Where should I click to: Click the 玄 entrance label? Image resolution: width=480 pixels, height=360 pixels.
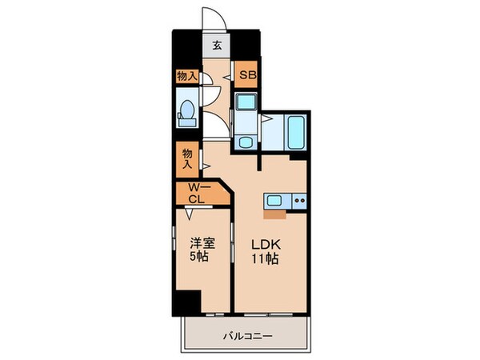[217, 45]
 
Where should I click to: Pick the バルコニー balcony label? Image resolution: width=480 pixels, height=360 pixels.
[246, 337]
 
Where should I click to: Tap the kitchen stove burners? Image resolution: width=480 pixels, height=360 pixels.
[298, 201]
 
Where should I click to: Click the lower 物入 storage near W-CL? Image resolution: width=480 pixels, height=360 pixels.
[187, 158]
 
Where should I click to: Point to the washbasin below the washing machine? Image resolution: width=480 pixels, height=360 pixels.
[245, 142]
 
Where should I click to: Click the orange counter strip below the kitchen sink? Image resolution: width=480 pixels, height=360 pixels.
[272, 214]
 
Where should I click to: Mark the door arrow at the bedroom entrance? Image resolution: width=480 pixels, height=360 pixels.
[190, 215]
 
